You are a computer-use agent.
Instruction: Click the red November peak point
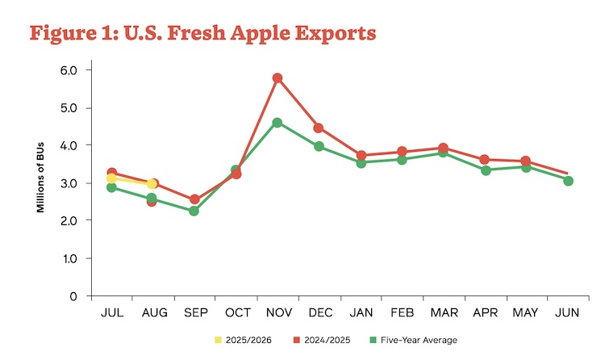[x=277, y=78]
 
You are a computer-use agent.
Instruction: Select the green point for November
[x=277, y=123]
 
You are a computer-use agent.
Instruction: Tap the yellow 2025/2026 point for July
[x=111, y=178]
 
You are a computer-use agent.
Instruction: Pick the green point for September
[x=194, y=211]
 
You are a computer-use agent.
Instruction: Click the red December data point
[x=319, y=128]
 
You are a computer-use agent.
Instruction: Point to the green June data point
[x=568, y=181]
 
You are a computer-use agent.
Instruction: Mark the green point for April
[x=485, y=170]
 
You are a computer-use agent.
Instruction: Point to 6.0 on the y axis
[x=69, y=70]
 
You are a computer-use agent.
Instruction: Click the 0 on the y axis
[x=74, y=296]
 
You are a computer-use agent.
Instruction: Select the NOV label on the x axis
[x=277, y=312]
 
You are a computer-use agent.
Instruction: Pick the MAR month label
[x=444, y=312]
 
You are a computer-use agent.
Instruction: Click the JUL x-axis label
[x=111, y=312]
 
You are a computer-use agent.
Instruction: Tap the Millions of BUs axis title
[x=40, y=184]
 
